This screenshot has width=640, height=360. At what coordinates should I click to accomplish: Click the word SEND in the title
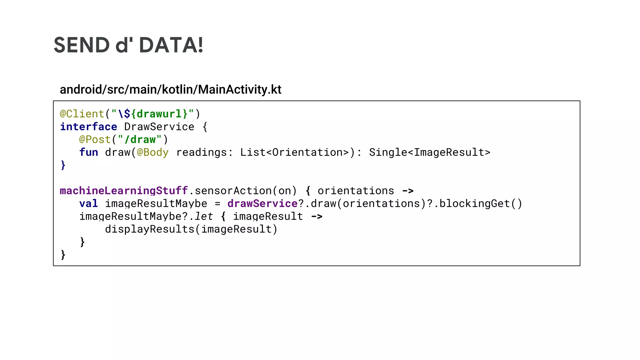pos(82,45)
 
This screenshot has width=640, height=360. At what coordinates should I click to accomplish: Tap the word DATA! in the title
pos(171,45)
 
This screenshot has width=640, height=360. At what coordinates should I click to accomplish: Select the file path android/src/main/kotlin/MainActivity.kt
pos(170,90)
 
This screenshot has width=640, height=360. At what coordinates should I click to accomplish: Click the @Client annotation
pos(82,114)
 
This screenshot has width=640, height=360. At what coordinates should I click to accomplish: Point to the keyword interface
pos(88,127)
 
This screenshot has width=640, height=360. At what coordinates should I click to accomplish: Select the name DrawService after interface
pos(159,127)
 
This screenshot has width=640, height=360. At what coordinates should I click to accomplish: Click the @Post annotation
pos(95,139)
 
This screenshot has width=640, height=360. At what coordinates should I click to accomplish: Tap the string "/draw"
pos(140,139)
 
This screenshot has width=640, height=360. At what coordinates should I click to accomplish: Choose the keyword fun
pos(88,152)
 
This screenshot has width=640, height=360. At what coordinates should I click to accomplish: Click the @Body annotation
pos(152,152)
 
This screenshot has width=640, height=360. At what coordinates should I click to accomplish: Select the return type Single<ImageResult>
pos(430,152)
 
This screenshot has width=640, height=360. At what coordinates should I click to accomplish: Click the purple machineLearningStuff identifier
pos(124,191)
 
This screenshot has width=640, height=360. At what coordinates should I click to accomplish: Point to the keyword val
pos(88,203)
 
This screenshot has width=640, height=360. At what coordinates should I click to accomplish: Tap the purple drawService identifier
pos(262,203)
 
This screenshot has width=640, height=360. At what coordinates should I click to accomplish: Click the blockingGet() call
pos(481,203)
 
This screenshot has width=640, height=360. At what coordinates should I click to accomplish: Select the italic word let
pos(204,216)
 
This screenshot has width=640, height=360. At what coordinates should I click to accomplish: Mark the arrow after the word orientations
pos(408,191)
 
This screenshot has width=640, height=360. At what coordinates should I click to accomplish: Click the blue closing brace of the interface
pos(63,165)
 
